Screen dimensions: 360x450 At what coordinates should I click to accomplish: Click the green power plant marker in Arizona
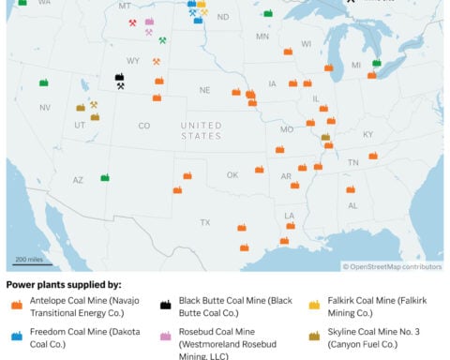pos(105,177)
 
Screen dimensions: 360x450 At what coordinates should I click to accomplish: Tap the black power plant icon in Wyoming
pos(119,77)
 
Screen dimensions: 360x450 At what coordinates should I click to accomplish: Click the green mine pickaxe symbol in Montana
pos(162,40)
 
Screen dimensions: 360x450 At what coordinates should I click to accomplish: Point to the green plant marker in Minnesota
pos(268,14)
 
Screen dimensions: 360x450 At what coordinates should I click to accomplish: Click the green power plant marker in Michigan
pos(376,64)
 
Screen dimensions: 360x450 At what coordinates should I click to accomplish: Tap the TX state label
pos(204,222)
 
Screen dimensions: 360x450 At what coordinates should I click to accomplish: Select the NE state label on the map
pos(203,90)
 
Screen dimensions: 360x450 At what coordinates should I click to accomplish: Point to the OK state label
pos(232,174)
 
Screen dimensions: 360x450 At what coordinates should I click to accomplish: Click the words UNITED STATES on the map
pos(201,130)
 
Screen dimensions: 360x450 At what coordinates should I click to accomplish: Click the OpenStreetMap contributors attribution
pos(392,266)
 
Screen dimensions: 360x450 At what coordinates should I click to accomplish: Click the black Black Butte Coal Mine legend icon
pos(164,304)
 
